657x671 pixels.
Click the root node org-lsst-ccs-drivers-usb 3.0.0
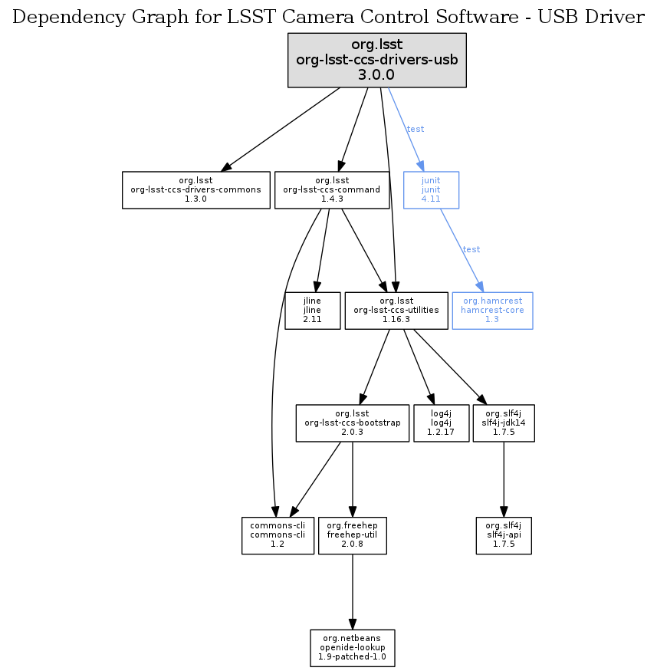[376, 59]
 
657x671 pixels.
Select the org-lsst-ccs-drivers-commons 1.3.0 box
[196, 189]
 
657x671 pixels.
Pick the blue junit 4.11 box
[431, 189]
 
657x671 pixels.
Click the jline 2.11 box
[312, 310]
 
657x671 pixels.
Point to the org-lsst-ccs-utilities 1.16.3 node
[396, 310]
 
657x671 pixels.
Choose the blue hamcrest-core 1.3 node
[492, 310]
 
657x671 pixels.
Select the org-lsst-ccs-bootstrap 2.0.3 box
[352, 423]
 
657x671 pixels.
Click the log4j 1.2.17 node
[440, 423]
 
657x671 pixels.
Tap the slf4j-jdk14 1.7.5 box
[503, 423]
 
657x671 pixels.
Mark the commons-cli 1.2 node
[278, 534]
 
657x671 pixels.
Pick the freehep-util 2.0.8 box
[352, 534]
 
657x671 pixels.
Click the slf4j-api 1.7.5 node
[503, 534]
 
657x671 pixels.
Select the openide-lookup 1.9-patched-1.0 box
[352, 648]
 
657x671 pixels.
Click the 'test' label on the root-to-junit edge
[415, 129]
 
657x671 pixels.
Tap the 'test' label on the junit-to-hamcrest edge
[471, 249]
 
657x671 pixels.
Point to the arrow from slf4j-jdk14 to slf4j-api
[503, 479]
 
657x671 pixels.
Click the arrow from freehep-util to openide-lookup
[352, 591]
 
